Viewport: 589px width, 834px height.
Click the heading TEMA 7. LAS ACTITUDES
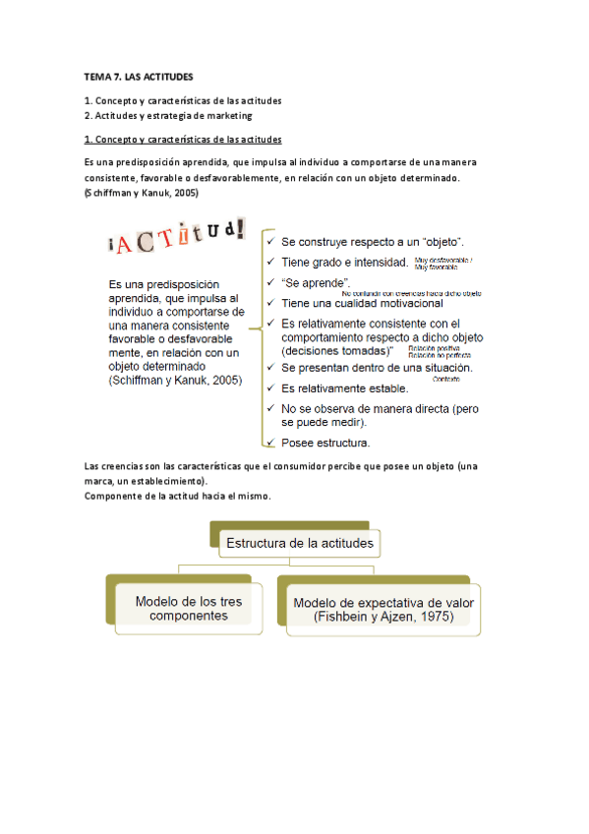point(139,76)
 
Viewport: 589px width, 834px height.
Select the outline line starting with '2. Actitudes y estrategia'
point(168,116)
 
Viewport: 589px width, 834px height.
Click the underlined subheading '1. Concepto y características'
point(184,140)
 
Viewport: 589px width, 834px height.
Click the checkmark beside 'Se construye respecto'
point(268,241)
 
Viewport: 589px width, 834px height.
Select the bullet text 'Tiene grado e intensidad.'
point(344,262)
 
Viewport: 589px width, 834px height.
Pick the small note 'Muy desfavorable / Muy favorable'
point(443,263)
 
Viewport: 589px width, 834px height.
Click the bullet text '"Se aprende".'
point(316,282)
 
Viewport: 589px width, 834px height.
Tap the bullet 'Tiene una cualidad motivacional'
point(362,303)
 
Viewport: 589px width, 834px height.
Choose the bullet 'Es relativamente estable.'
point(344,387)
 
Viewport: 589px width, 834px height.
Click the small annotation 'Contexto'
point(446,378)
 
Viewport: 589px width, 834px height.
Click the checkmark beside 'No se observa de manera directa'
point(268,407)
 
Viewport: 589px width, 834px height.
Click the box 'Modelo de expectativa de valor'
point(378,608)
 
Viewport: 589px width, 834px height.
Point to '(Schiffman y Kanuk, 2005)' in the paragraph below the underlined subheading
point(143,193)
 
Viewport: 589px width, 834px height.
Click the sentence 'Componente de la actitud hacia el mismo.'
point(178,496)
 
